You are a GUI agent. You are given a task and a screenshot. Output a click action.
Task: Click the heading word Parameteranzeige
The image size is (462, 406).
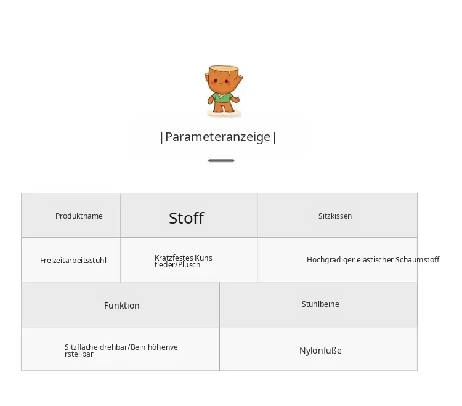coord(217,137)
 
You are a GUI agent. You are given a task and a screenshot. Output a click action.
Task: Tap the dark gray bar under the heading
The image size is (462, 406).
coord(221,161)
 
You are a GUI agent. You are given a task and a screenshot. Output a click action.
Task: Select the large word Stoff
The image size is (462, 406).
coord(186,218)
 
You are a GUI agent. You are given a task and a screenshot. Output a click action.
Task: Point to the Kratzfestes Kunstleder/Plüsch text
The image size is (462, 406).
coord(184,261)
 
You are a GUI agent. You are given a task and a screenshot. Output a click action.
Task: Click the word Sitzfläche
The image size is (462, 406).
coord(81,347)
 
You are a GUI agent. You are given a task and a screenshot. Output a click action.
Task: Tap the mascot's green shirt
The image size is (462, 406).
coord(223,97)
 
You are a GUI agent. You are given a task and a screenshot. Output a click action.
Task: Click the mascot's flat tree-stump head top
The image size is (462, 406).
coord(224,69)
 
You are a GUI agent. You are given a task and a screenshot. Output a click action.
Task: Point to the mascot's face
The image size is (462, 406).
coord(222,82)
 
